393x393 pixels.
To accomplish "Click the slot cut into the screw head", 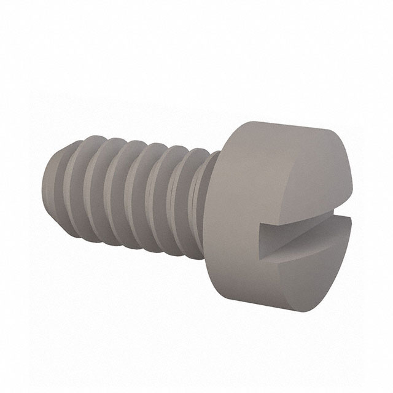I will pyautogui.click(x=301, y=236).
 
